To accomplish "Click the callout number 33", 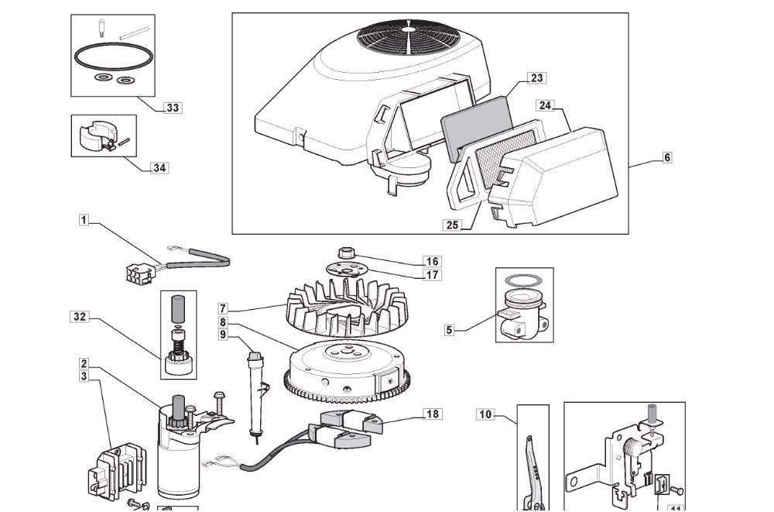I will pyautogui.click(x=173, y=108).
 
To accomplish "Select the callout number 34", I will pyautogui.click(x=159, y=167).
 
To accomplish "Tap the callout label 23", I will pyautogui.click(x=536, y=77).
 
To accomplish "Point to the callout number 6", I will pyautogui.click(x=667, y=157).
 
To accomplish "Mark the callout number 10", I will pyautogui.click(x=485, y=414).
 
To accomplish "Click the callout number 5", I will pyautogui.click(x=450, y=329).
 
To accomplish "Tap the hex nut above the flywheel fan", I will pyautogui.click(x=345, y=253).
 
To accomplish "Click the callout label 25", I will pyautogui.click(x=452, y=225).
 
